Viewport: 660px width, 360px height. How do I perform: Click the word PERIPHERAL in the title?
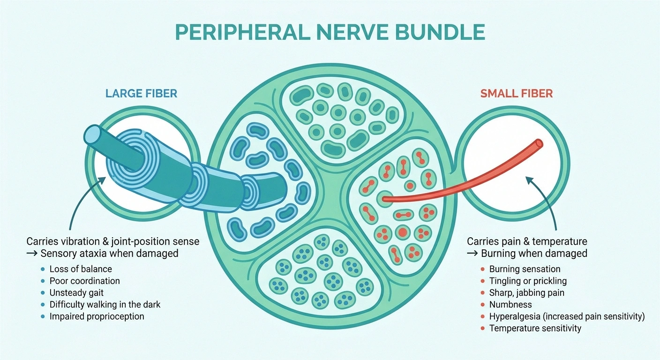pos(242,32)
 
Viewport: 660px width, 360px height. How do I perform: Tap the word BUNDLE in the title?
pos(440,32)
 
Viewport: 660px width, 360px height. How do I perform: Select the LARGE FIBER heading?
pos(142,93)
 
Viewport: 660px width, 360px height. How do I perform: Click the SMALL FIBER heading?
pos(517,93)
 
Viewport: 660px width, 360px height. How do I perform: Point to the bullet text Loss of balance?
pos(81,269)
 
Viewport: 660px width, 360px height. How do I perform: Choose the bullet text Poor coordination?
pos(84,281)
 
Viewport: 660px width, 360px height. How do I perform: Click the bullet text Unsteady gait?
pos(76,293)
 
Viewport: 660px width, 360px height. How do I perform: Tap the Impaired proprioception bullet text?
pos(97,316)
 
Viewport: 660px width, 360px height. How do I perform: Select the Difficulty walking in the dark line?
pos(105,305)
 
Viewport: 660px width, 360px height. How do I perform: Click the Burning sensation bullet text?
pos(525,269)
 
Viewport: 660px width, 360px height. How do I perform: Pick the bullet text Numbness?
pos(507,304)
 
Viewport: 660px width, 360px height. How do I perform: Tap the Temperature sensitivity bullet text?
pos(535,328)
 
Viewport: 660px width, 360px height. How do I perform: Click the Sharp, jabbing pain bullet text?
pos(527,293)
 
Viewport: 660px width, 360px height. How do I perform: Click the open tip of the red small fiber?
pos(539,143)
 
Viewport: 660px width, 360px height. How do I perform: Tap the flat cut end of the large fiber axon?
pos(92,135)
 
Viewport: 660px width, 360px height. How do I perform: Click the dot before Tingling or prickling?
pos(483,281)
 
